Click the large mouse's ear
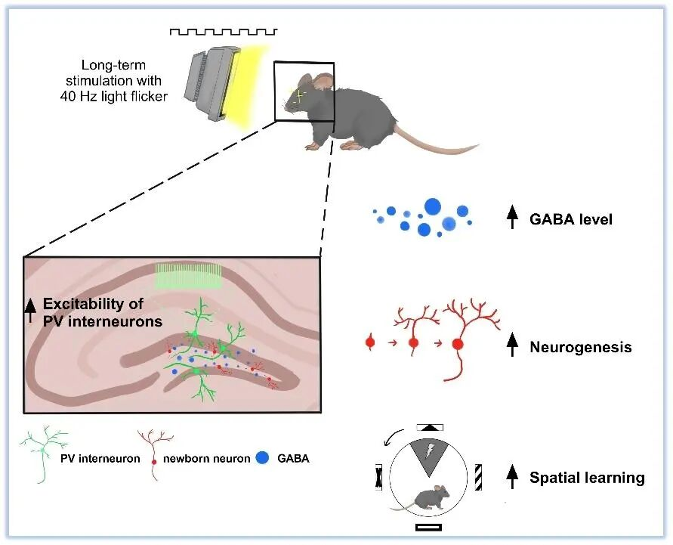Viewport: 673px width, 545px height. coord(323,82)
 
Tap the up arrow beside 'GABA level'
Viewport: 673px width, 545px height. coord(512,218)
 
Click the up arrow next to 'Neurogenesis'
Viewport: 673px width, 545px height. coord(512,346)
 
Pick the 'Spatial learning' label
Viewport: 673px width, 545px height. coord(587,478)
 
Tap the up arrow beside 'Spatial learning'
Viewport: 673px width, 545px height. coord(512,476)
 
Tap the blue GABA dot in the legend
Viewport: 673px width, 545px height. coord(262,457)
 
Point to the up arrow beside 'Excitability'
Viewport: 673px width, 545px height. coord(32,311)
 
